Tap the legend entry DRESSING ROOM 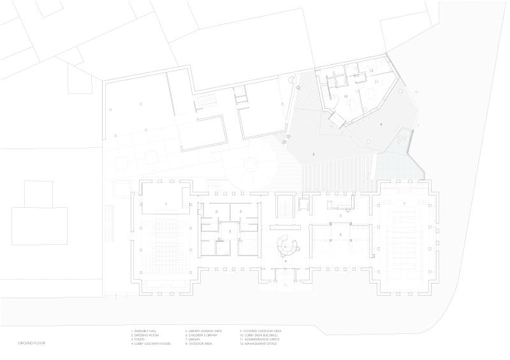[x=145, y=335]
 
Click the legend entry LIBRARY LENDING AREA [x=203, y=331]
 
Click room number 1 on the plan [x=166, y=203]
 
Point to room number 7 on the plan [x=404, y=203]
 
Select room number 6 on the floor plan [x=340, y=236]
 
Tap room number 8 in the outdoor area [x=314, y=155]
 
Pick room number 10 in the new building [x=345, y=96]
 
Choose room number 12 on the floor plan [x=370, y=70]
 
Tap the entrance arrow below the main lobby [x=286, y=287]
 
